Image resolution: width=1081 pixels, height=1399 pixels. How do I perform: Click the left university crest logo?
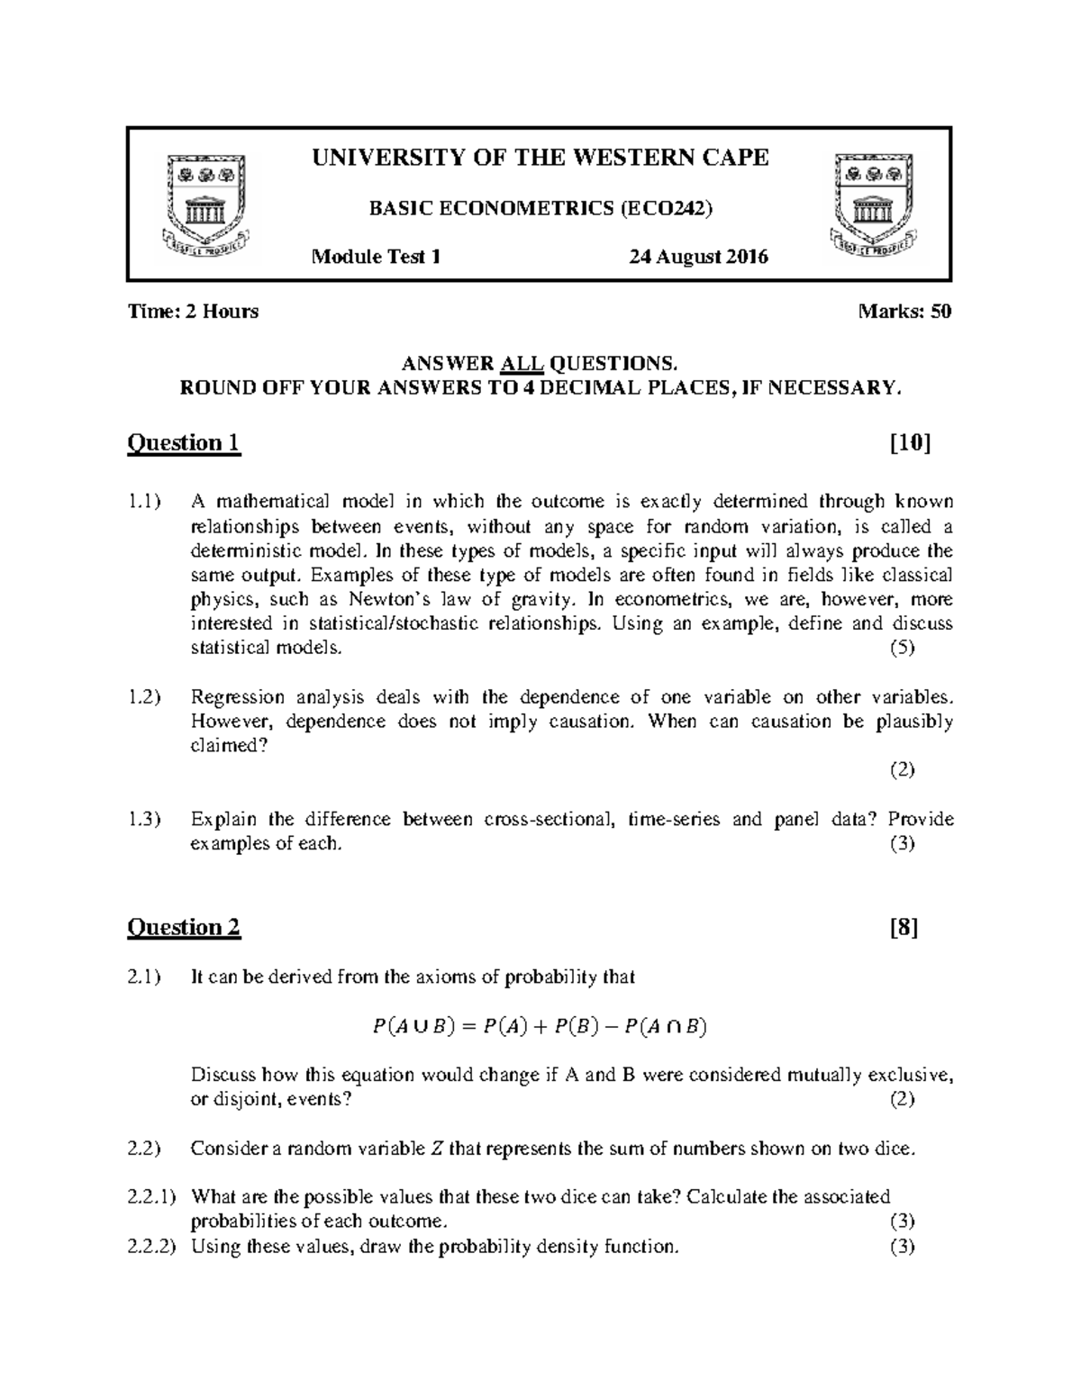click(207, 204)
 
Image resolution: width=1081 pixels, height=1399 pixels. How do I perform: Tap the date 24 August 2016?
click(698, 257)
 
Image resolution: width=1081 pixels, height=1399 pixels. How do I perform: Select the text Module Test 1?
click(376, 257)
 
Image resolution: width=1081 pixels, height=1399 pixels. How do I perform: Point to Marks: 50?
click(905, 312)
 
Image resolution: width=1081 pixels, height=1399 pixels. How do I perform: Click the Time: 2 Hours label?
click(193, 312)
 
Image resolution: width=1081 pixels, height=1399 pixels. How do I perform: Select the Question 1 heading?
click(185, 443)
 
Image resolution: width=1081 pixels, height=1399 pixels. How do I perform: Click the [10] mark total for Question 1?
click(910, 443)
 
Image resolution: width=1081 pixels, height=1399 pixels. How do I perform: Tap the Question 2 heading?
click(185, 928)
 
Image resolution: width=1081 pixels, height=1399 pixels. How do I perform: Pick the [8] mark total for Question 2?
click(904, 928)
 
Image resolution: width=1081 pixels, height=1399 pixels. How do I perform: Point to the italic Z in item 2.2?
click(437, 1149)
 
